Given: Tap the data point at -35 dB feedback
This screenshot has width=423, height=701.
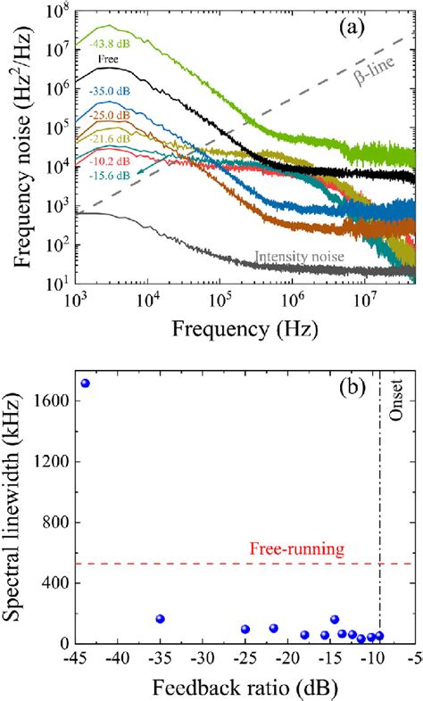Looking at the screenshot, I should point(161,619).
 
